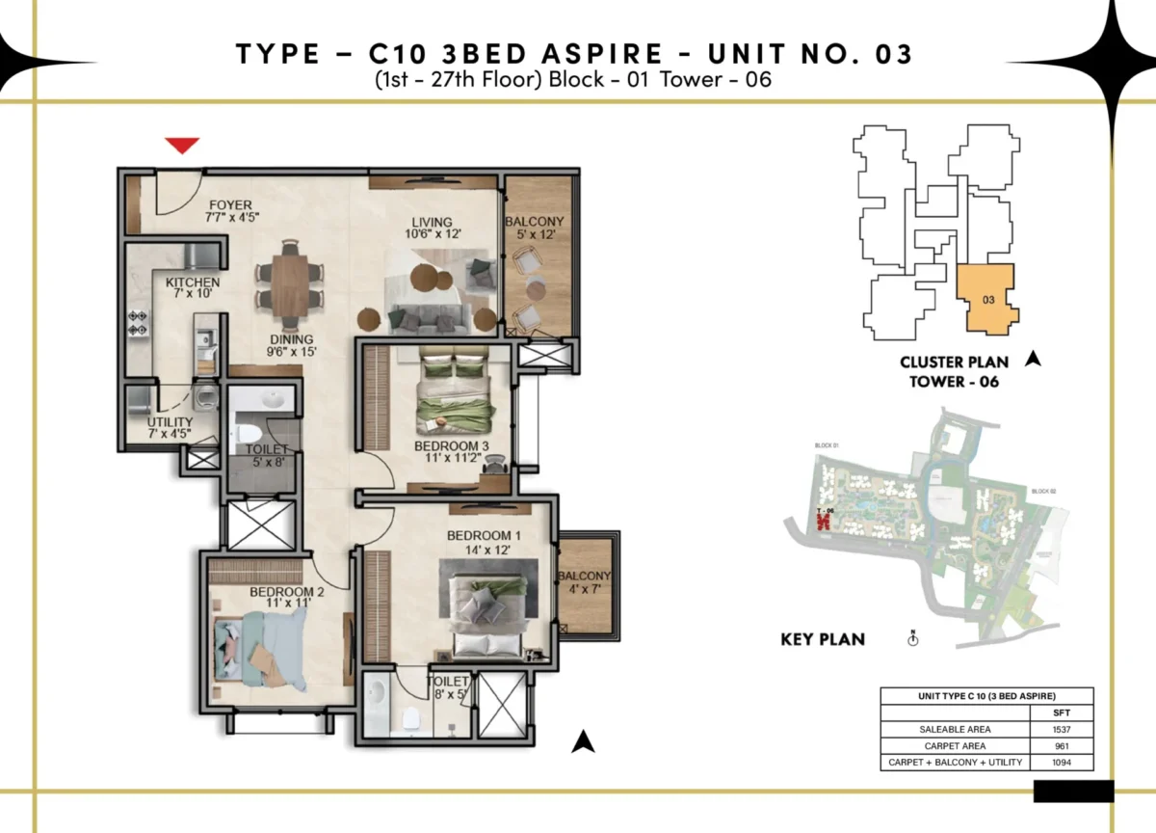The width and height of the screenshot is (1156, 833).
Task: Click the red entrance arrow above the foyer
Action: pyautogui.click(x=182, y=146)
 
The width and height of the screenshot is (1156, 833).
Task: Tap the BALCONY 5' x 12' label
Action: pyautogui.click(x=534, y=228)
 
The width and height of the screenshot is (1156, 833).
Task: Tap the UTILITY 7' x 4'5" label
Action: pyautogui.click(x=170, y=428)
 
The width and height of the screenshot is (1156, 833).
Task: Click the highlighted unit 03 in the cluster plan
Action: pyautogui.click(x=986, y=299)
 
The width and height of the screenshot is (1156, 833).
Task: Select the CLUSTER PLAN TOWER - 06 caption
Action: pyautogui.click(x=954, y=371)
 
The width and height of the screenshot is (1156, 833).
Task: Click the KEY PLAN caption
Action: pyautogui.click(x=822, y=638)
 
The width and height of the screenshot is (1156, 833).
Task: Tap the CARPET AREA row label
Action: pyautogui.click(x=954, y=746)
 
